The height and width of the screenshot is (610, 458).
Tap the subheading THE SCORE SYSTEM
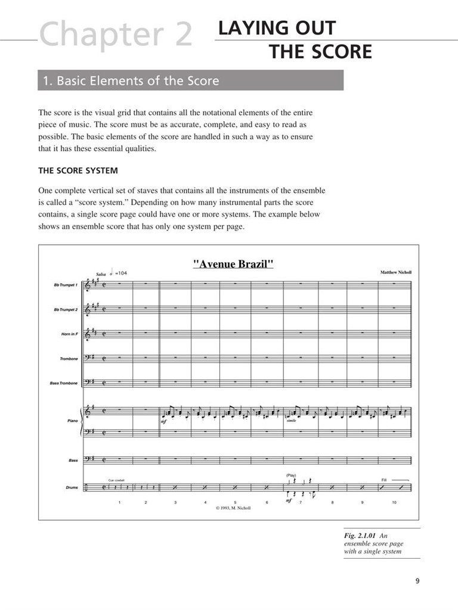(x=78, y=171)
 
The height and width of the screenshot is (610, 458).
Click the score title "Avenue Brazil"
(x=233, y=264)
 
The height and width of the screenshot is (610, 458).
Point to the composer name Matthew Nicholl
(x=396, y=272)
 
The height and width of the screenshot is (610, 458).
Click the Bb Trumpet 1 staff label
(x=66, y=286)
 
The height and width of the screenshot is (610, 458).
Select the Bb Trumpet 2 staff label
(x=66, y=310)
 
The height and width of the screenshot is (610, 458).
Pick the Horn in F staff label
(x=69, y=334)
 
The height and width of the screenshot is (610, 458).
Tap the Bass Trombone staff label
(x=64, y=383)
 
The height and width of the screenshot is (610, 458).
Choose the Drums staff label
(x=72, y=488)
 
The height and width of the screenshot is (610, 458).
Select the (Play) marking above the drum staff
(x=291, y=475)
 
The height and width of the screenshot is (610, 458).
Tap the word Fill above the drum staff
(x=385, y=479)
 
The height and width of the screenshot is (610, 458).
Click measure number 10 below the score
(x=394, y=503)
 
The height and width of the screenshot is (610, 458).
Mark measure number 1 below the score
(x=119, y=503)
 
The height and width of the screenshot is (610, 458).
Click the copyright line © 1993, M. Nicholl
(x=233, y=509)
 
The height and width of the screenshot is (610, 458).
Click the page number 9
(x=417, y=582)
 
